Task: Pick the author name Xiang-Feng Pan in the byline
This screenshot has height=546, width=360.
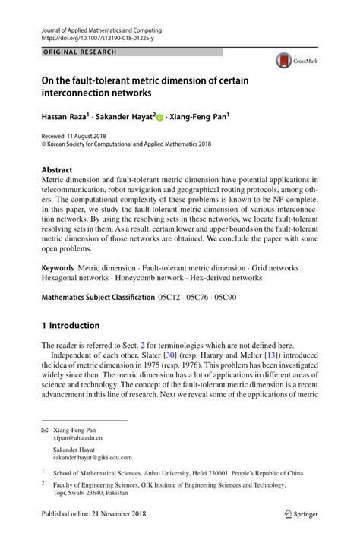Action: (x=199, y=118)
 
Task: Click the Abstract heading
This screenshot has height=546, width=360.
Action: (x=57, y=169)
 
